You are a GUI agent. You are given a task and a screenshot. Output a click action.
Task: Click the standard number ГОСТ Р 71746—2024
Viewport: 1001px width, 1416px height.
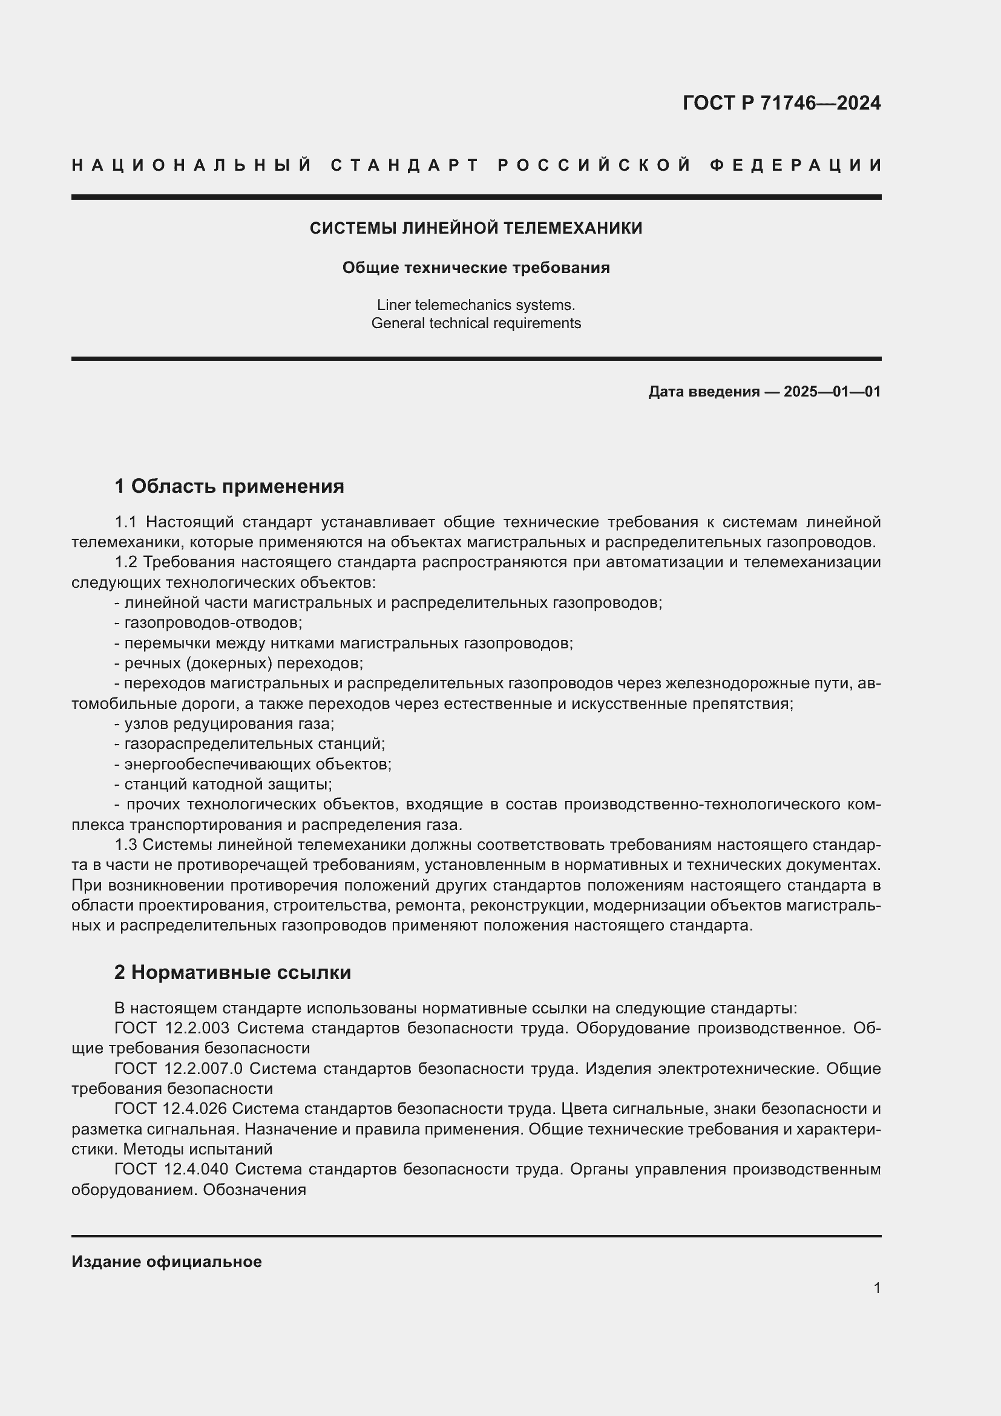point(781,103)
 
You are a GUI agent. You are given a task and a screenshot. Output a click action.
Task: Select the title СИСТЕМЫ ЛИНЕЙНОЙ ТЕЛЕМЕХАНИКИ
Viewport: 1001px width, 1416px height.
point(476,229)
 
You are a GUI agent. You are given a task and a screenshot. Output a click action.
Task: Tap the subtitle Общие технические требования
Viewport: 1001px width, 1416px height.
point(476,268)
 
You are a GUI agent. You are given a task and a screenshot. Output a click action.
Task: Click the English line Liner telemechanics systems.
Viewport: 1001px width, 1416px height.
point(476,305)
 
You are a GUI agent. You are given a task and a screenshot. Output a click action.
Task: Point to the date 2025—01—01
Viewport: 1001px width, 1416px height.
point(832,392)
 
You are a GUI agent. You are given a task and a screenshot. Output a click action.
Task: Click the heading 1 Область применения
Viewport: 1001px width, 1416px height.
point(229,487)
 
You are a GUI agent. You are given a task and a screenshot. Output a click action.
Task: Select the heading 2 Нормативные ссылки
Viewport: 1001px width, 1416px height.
point(232,973)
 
